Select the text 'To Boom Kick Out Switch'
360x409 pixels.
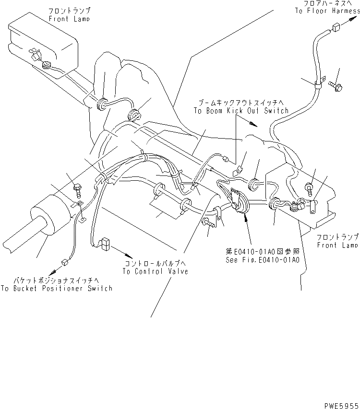[241, 111]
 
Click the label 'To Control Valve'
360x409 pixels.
[155, 271]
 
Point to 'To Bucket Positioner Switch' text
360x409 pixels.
[57, 288]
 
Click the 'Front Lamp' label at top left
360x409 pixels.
[69, 19]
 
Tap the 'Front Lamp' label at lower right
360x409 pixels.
[337, 245]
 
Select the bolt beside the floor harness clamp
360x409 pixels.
[334, 86]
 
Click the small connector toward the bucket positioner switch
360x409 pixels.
[63, 262]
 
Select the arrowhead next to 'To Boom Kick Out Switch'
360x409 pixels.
[254, 125]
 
